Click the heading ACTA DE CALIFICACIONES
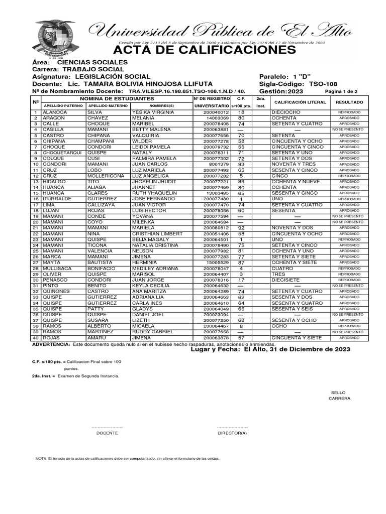click(x=205, y=51)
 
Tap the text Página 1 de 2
click(x=341, y=92)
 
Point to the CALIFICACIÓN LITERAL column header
click(x=300, y=102)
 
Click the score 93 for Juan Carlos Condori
click(x=241, y=164)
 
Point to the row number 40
click(x=36, y=338)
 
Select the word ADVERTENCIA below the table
click(x=51, y=344)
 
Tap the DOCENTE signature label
click(x=107, y=433)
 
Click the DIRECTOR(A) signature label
click(x=232, y=433)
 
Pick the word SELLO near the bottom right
click(x=338, y=393)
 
